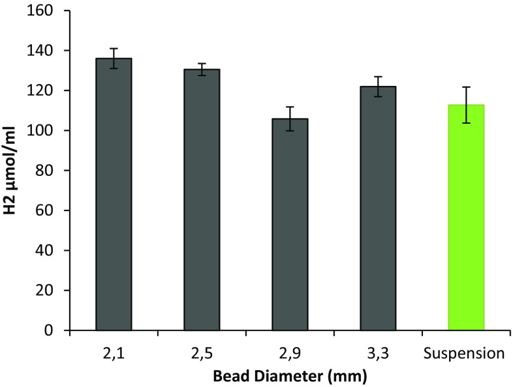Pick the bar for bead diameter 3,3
[378, 208]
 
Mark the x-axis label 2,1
[114, 354]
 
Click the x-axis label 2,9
[290, 354]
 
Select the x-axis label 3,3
[378, 354]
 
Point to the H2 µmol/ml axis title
[12, 171]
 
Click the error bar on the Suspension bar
[466, 105]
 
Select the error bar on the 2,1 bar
[114, 58]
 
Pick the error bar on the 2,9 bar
[290, 119]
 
